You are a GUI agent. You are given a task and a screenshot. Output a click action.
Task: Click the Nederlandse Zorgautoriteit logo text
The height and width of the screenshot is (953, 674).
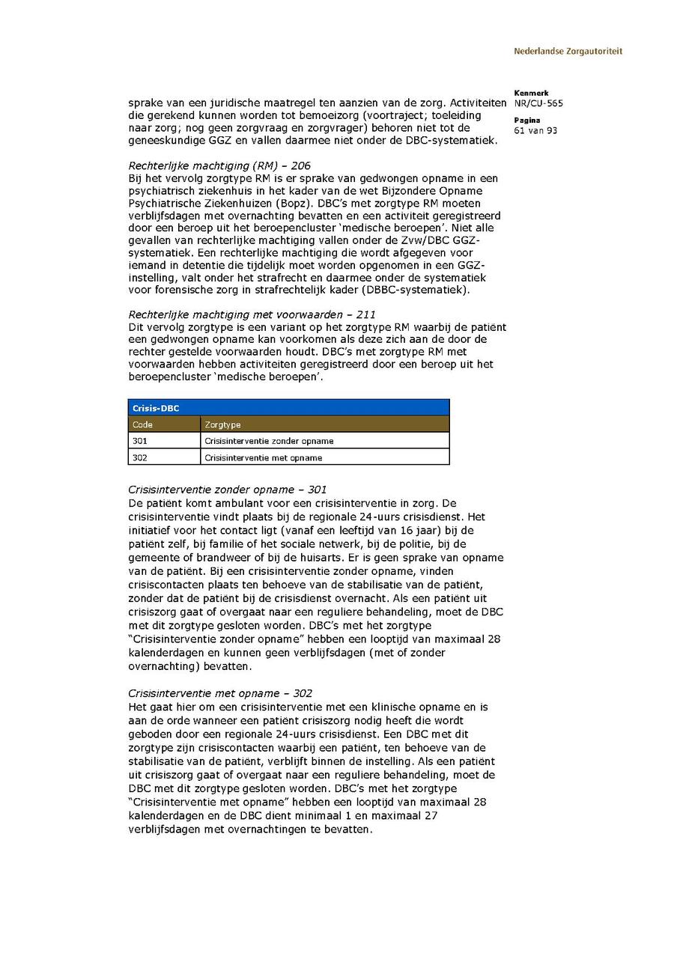[568, 52]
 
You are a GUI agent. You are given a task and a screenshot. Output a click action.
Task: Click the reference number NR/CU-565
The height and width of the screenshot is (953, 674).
[538, 103]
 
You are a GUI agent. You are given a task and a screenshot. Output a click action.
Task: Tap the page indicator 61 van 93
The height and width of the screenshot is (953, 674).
[535, 131]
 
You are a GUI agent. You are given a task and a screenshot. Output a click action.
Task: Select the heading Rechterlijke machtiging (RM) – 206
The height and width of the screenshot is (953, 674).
[219, 165]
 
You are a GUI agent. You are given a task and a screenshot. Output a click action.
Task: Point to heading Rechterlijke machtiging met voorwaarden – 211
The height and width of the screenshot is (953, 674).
[252, 314]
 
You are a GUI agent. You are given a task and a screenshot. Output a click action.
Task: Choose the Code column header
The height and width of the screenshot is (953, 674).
[142, 424]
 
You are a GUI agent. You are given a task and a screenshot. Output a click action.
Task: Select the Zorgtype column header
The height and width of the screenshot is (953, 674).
[222, 424]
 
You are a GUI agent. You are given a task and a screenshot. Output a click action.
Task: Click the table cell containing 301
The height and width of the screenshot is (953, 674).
[140, 441]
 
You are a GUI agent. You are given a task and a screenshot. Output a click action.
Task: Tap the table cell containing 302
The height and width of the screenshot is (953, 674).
[140, 457]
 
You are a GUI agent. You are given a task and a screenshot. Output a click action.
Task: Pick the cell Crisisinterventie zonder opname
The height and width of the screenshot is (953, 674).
[269, 441]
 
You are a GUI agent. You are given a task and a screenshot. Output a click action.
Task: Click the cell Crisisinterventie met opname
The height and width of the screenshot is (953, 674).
[263, 457]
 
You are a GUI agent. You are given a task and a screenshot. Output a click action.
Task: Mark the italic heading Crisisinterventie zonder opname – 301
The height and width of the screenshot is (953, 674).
[228, 490]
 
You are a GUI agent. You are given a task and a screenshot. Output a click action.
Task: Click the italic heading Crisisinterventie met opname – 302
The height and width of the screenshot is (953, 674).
[220, 693]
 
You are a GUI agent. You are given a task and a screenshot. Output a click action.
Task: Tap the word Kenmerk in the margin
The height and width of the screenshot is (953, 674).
[531, 94]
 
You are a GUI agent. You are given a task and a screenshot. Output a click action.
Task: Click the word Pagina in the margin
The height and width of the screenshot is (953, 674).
[527, 121]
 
